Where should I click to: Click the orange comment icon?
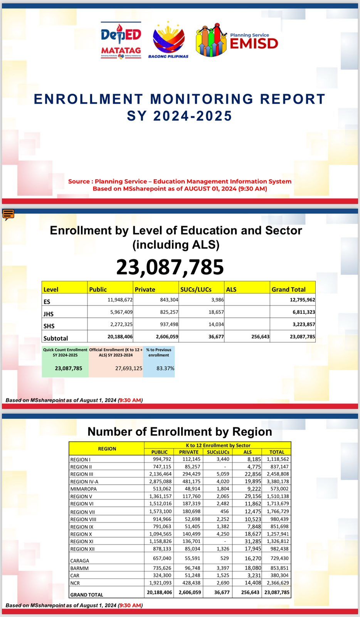[8, 214]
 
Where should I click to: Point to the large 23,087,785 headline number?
[170, 267]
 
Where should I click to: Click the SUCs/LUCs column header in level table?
[196, 289]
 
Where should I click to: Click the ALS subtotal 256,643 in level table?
[260, 337]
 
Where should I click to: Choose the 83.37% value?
[165, 368]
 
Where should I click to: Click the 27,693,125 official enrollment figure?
[129, 368]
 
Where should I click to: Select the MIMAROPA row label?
[83, 489]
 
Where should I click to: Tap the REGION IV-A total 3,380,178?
[276, 481]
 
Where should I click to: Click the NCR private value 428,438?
[190, 583]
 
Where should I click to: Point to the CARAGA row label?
[80, 561]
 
